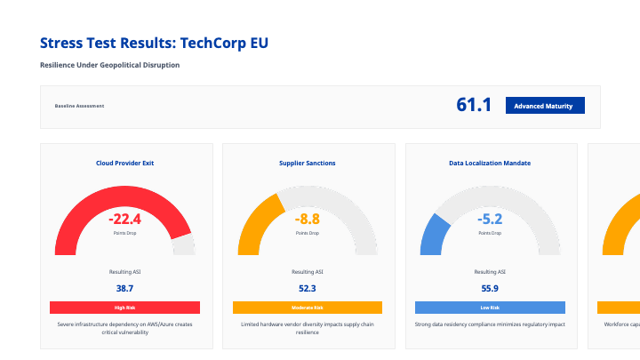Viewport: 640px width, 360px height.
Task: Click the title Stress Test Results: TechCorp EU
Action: point(154,43)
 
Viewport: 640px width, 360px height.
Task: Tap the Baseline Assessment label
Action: point(79,106)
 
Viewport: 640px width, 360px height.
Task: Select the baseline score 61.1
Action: point(474,105)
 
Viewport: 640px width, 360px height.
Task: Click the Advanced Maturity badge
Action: point(545,106)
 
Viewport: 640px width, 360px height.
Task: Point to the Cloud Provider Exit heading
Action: point(124,163)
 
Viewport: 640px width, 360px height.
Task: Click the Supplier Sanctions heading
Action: point(308,163)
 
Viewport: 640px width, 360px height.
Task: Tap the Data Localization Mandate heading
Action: point(490,163)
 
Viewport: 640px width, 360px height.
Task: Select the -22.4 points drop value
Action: point(124,219)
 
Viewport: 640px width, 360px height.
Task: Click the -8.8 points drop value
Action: point(308,219)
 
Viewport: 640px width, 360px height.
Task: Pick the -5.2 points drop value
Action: point(490,219)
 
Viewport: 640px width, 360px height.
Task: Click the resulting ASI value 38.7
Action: point(124,288)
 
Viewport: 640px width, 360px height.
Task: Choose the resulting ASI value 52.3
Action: point(308,288)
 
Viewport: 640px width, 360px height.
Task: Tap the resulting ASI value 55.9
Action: point(490,288)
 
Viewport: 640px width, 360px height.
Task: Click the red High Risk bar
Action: point(124,308)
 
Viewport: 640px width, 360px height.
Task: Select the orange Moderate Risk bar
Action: point(308,308)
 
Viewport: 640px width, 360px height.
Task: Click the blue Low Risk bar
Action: point(490,308)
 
